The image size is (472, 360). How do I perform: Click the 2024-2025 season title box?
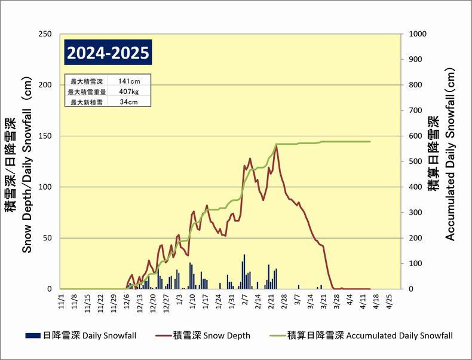108,53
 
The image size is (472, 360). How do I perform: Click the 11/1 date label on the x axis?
61,301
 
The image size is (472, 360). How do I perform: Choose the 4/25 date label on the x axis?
389,301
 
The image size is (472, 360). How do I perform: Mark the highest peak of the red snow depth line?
276,146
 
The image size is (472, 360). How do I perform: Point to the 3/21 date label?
323,301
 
